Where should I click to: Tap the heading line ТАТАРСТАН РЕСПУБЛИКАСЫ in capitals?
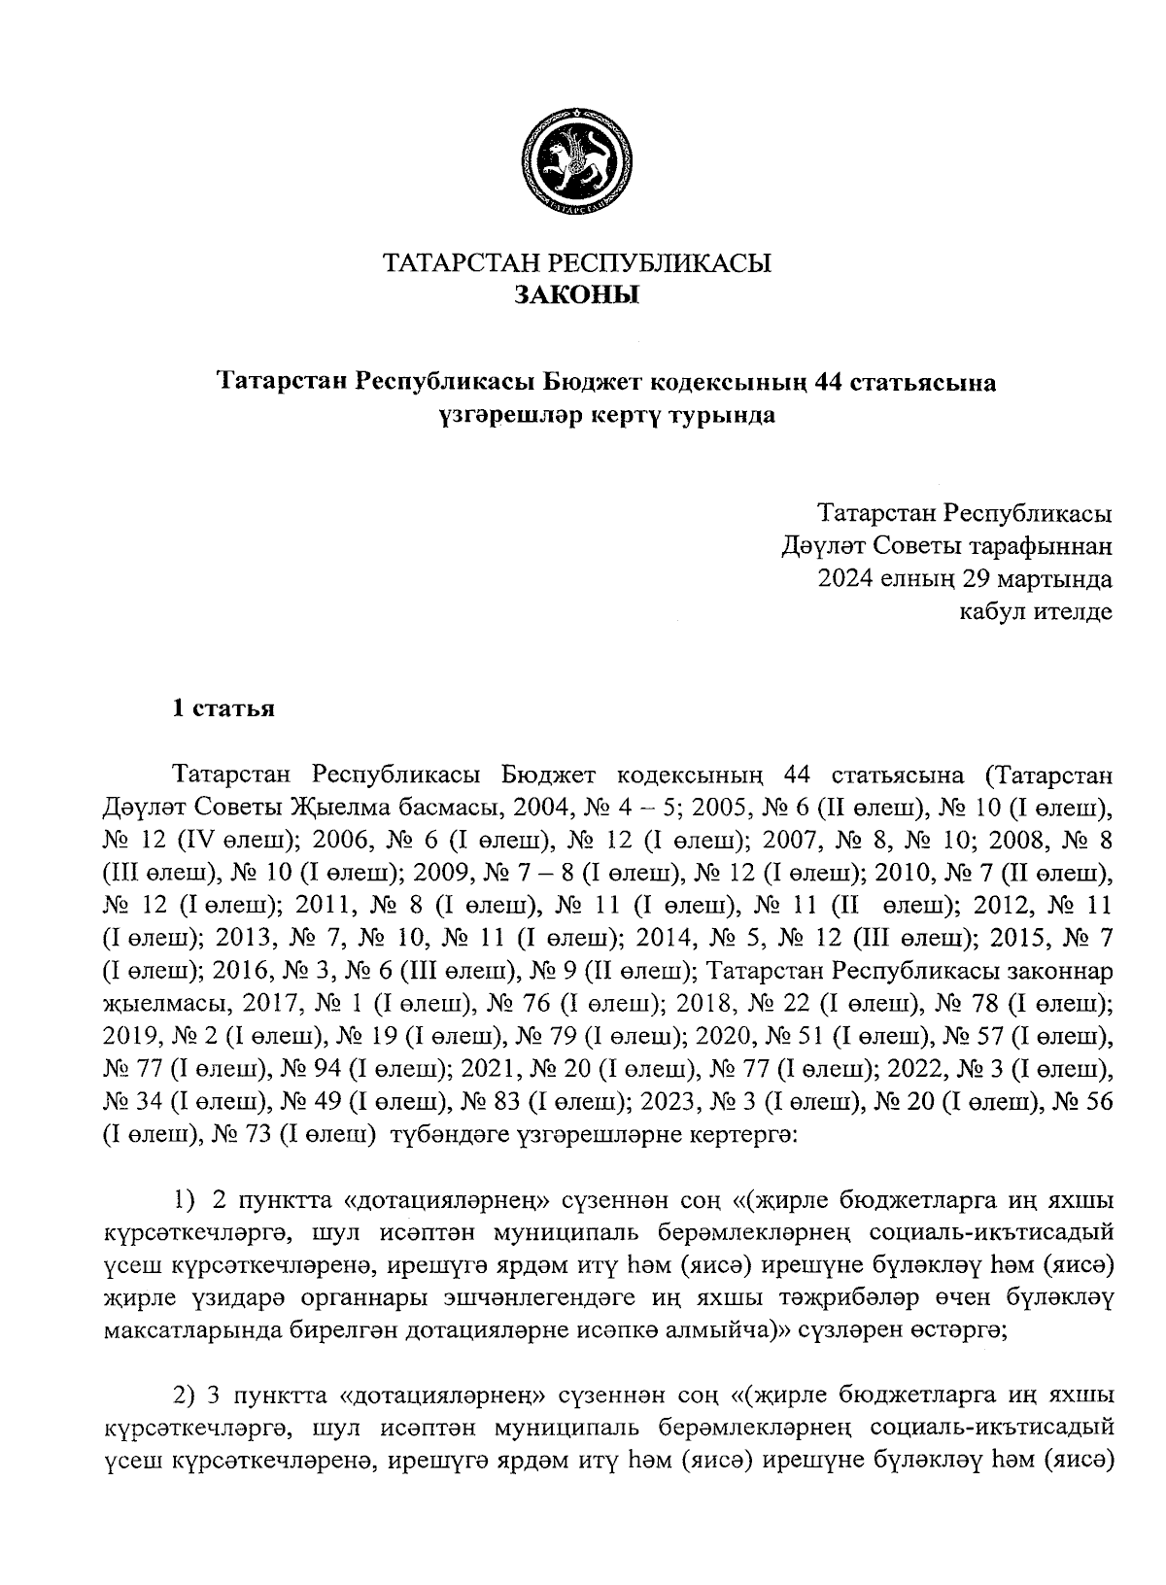click(x=576, y=263)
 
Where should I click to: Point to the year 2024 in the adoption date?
click(x=846, y=579)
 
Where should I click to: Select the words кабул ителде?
click(x=1036, y=611)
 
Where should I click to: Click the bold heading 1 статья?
click(x=223, y=707)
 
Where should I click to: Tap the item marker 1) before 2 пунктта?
click(x=186, y=1202)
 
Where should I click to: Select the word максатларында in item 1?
click(x=196, y=1332)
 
